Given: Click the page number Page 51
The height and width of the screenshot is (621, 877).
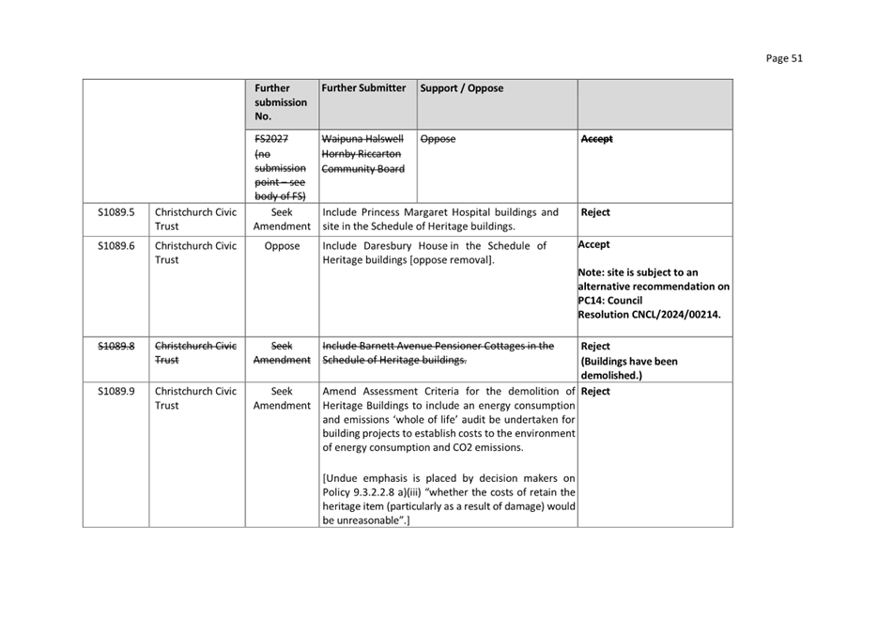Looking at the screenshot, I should [783, 58].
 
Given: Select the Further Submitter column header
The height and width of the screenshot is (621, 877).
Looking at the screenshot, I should [363, 88].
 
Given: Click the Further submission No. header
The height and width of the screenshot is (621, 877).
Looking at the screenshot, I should [281, 102].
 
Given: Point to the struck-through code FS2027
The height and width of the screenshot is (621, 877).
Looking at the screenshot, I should [271, 139].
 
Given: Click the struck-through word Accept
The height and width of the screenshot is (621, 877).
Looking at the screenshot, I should [597, 139].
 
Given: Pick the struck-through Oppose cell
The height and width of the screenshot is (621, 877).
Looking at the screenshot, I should [438, 139].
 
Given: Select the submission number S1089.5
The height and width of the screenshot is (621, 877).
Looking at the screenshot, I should [116, 212].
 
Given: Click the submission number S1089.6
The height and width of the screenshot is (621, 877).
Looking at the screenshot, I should [116, 246].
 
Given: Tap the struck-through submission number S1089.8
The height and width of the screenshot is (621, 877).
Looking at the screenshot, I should [116, 346].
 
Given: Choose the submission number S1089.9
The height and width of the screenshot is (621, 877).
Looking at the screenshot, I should [116, 392].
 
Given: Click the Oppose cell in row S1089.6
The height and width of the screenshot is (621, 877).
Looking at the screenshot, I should [282, 246].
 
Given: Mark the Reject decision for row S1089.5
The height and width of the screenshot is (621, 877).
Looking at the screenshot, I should [595, 212].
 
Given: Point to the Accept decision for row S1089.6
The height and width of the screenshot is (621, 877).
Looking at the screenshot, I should [593, 245].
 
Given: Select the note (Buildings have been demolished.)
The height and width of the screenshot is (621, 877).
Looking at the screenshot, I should [629, 367].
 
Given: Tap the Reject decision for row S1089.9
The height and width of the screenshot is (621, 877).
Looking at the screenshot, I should [595, 392].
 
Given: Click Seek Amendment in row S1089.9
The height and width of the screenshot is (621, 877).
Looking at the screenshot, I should [282, 398].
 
